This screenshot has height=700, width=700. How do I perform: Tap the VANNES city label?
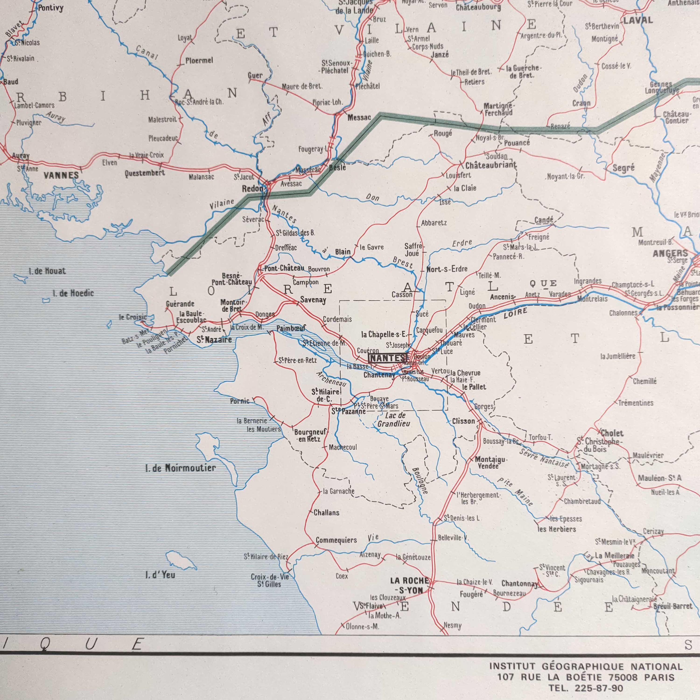pos(61,176)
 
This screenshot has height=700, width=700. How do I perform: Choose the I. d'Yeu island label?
pos(160,575)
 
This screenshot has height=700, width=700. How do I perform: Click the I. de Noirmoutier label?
pos(180,468)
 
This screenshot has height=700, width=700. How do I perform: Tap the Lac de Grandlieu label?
pos(394,420)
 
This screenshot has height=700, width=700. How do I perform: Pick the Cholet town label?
pos(612,433)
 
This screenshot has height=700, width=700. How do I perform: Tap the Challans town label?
pos(326,513)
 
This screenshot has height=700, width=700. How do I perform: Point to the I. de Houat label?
pos(47,271)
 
